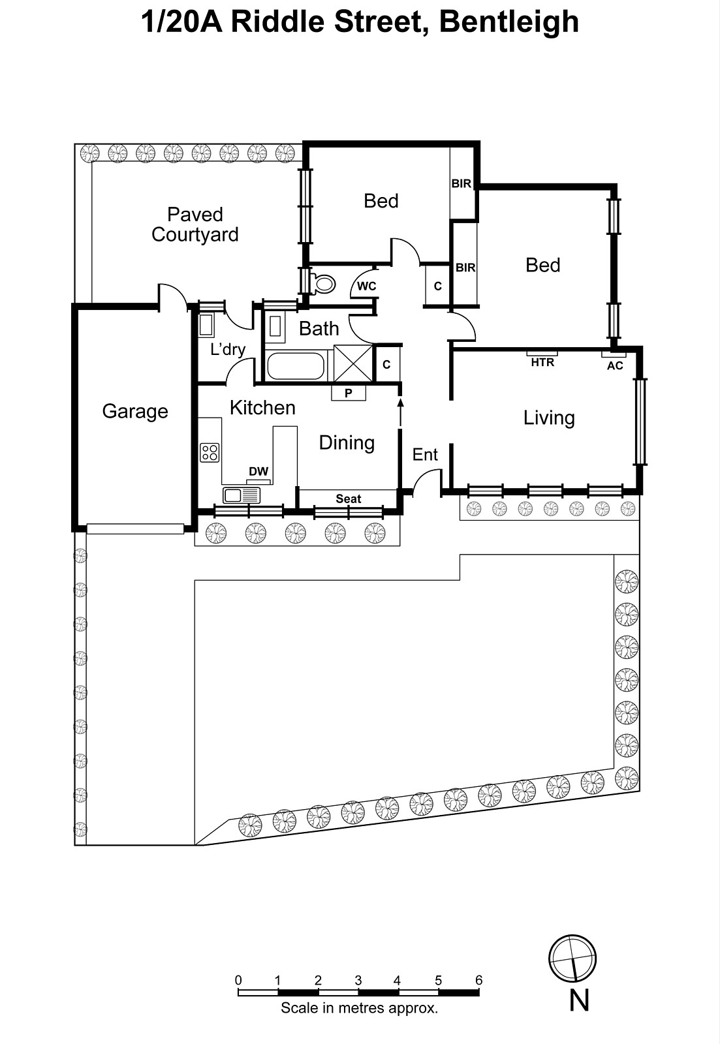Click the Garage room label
[x=135, y=412]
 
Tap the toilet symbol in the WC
[x=323, y=284]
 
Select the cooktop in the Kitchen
[x=210, y=452]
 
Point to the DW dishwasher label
[x=258, y=472]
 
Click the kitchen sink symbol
[x=242, y=495]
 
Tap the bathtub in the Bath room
[x=296, y=366]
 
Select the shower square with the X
[x=352, y=362]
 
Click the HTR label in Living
[x=542, y=362]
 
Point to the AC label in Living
[x=615, y=365]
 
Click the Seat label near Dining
[x=349, y=499]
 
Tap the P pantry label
[x=349, y=393]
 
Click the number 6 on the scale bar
[x=479, y=980]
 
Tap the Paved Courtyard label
[x=195, y=224]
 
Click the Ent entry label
[x=425, y=455]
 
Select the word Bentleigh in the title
[x=509, y=22]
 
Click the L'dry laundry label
[x=228, y=350]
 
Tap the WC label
[x=367, y=286]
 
